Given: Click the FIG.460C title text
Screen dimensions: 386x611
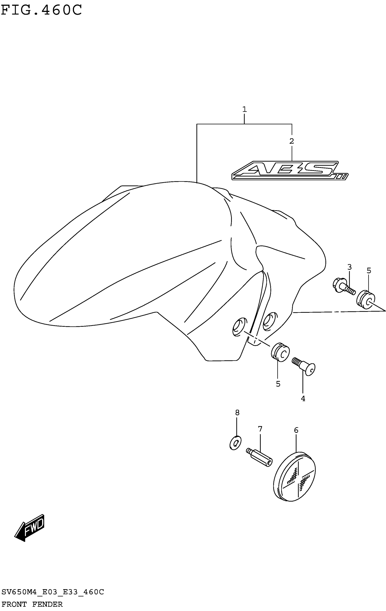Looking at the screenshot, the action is [41, 10].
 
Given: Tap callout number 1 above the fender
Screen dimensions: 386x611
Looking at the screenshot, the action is [244, 109].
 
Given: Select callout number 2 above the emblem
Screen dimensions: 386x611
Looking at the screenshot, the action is [292, 141].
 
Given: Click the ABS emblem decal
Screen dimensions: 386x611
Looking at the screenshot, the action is [289, 170].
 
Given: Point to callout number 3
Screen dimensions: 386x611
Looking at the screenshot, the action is [349, 267].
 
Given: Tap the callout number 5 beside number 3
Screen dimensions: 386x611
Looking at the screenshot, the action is [369, 271].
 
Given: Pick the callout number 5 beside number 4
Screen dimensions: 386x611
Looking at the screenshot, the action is [278, 384].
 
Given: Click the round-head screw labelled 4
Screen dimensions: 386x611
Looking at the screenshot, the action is [304, 367].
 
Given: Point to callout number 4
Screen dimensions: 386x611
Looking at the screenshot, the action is [303, 399].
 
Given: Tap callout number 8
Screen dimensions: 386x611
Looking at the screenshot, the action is [237, 413].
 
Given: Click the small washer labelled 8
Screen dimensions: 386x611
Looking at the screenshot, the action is [235, 443].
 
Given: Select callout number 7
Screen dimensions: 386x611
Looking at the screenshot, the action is [260, 429].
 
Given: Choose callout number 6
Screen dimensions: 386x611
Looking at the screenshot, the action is [296, 430].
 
